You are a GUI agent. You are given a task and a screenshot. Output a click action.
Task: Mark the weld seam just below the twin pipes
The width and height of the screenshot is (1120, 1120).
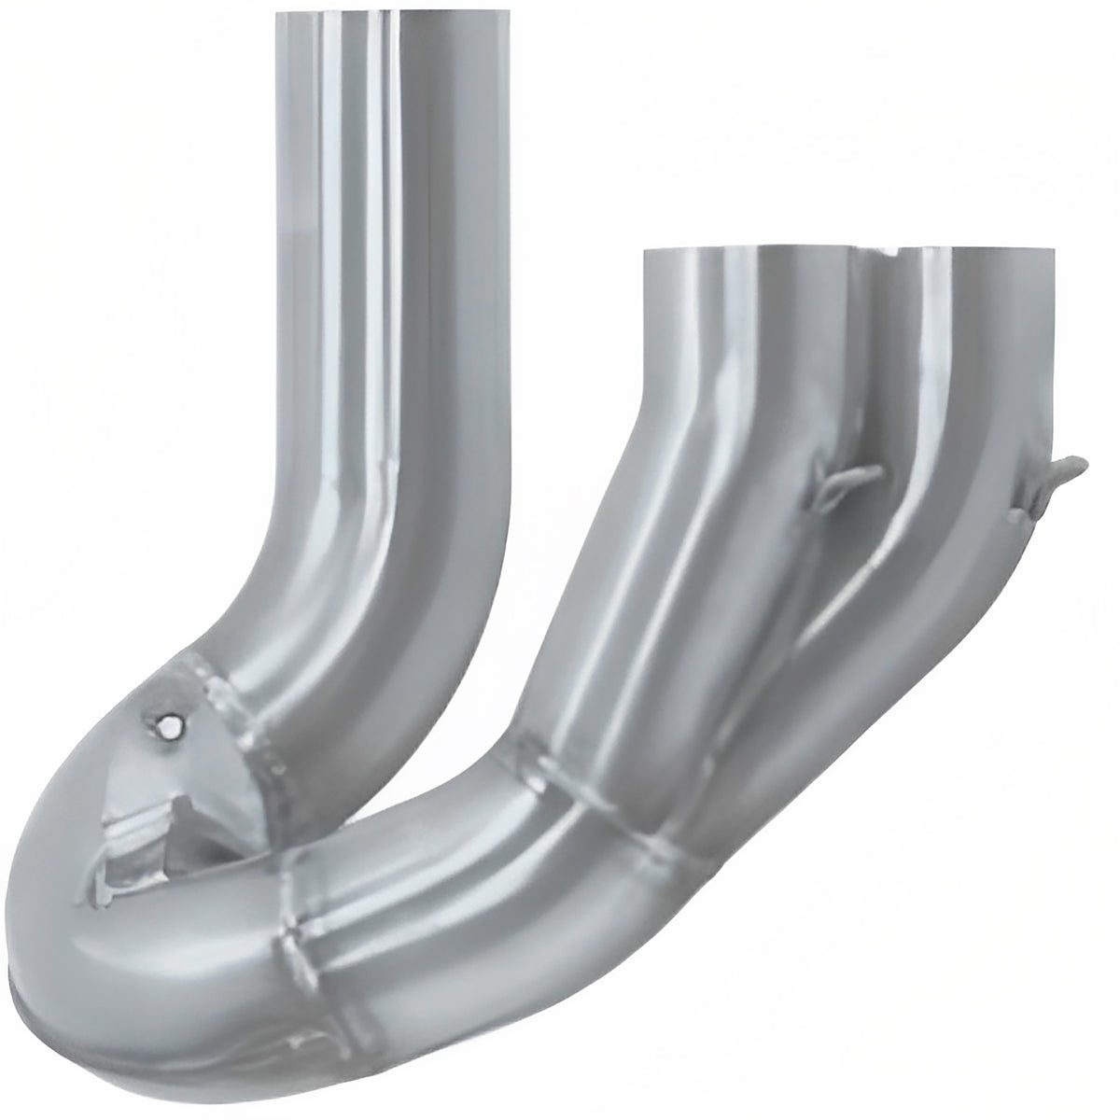click(x=625, y=784)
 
